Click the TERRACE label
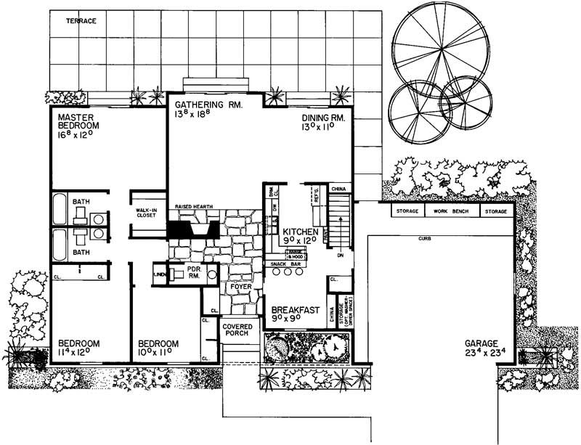click(81, 21)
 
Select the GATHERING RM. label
click(207, 110)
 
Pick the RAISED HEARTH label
click(194, 207)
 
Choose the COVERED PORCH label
click(237, 332)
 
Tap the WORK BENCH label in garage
click(450, 212)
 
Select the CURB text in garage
click(426, 238)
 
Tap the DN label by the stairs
click(339, 256)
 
